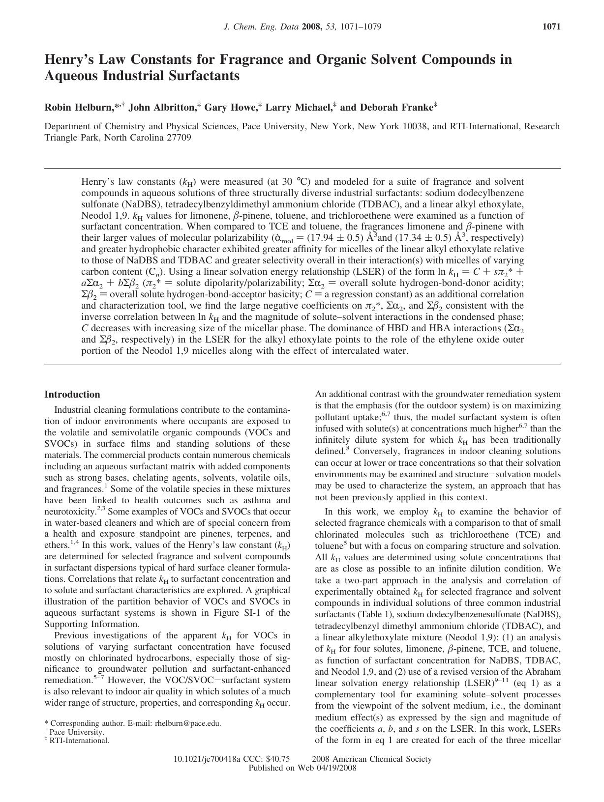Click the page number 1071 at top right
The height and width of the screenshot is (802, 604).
click(x=551, y=27)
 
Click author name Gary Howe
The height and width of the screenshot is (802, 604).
click(x=230, y=107)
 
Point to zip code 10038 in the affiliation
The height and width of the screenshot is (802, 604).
click(x=417, y=126)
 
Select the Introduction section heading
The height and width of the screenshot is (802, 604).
click(x=72, y=395)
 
